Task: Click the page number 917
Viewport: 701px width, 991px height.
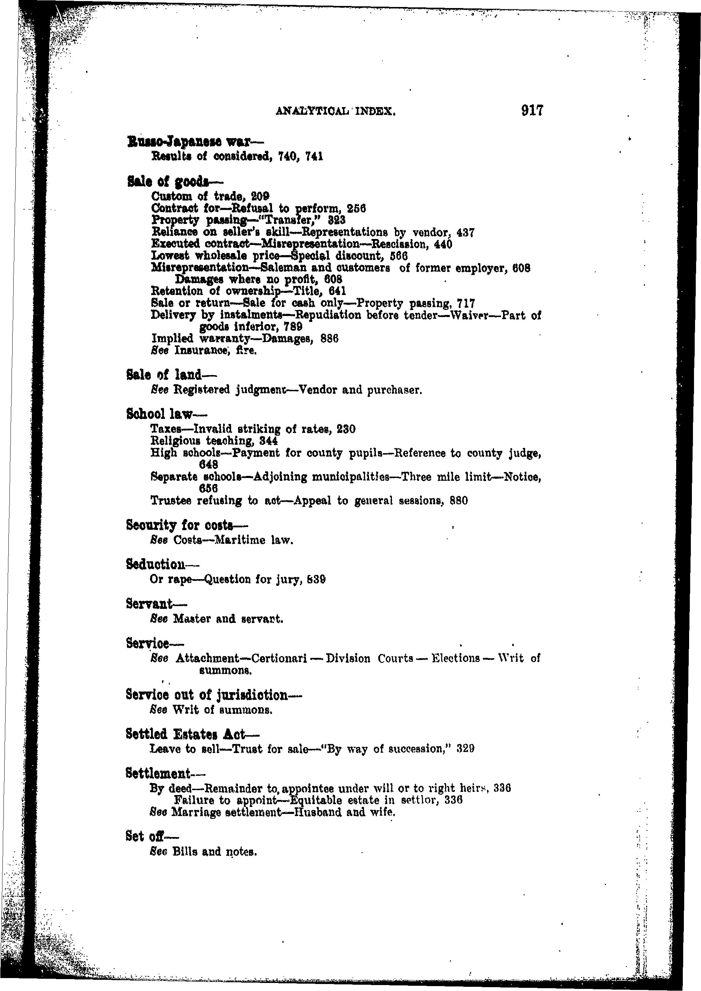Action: (x=531, y=111)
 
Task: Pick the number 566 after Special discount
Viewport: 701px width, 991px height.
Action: (x=399, y=256)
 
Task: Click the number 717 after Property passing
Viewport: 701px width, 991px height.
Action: (x=466, y=303)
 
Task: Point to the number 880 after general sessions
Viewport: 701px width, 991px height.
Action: (x=459, y=501)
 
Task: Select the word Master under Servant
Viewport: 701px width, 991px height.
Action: (x=189, y=619)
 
